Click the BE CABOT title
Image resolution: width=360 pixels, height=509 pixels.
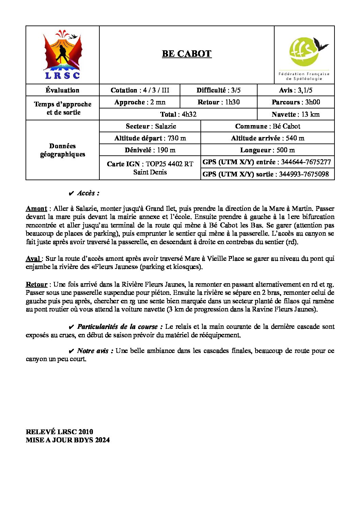pyautogui.click(x=186, y=54)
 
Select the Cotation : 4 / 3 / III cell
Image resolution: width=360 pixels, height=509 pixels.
pyautogui.click(x=140, y=90)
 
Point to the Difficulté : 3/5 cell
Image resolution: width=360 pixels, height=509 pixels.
pyautogui.click(x=218, y=90)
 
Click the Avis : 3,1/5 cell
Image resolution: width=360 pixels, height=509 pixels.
pyautogui.click(x=295, y=90)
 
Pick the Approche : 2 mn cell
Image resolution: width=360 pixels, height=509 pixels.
pyautogui.click(x=140, y=102)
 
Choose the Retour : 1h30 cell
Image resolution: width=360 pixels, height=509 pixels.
pyautogui.click(x=218, y=102)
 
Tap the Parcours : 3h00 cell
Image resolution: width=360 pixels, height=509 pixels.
pyautogui.click(x=296, y=102)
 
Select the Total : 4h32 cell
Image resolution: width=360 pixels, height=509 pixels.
pyautogui.click(x=178, y=114)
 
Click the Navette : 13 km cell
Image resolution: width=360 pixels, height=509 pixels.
pyautogui.click(x=296, y=114)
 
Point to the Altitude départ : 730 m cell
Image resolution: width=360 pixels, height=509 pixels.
pyautogui.click(x=150, y=138)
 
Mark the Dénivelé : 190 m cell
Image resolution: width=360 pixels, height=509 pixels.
pyautogui.click(x=150, y=150)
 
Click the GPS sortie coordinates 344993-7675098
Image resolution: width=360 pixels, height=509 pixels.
pyautogui.click(x=304, y=174)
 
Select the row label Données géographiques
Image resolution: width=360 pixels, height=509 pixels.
pyautogui.click(x=63, y=150)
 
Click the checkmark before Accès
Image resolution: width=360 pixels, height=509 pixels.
pyautogui.click(x=71, y=193)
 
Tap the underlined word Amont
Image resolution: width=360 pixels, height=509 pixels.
pyautogui.click(x=36, y=208)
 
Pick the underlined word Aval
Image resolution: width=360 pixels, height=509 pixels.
pyautogui.click(x=33, y=258)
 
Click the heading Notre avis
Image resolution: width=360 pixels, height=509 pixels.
pyautogui.click(x=95, y=351)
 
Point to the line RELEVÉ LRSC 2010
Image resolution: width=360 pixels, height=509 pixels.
pyautogui.click(x=60, y=432)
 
